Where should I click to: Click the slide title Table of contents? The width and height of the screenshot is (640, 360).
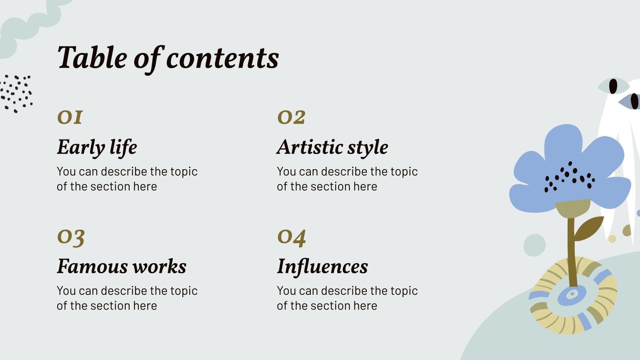click(168, 58)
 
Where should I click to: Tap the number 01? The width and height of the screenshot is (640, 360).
click(70, 117)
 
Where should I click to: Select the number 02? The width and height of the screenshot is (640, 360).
click(291, 117)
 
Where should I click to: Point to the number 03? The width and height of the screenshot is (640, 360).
click(71, 237)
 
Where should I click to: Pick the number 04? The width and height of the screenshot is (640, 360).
click(292, 237)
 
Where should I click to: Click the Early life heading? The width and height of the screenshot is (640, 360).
click(97, 147)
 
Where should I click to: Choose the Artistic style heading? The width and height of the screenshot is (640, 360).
click(332, 147)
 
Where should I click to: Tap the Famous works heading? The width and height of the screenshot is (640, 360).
click(122, 266)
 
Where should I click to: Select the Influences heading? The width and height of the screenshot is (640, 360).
click(322, 266)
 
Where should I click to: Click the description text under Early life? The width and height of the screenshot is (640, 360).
click(127, 179)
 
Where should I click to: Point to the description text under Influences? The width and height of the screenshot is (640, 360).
click(347, 298)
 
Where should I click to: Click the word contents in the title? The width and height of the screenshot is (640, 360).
click(222, 58)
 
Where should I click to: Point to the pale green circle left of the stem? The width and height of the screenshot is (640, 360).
click(534, 245)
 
